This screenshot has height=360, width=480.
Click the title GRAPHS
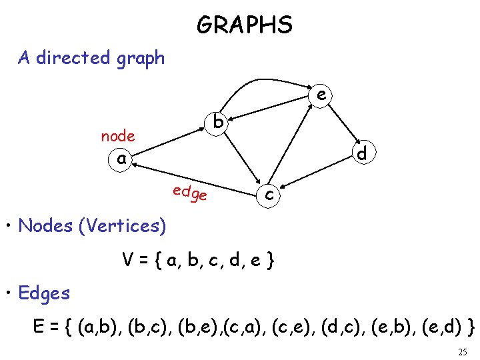[x=245, y=25]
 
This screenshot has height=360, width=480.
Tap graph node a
[x=121, y=159]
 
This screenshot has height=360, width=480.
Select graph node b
[x=218, y=123]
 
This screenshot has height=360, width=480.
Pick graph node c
[x=269, y=194]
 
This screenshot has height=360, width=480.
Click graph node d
[x=362, y=153]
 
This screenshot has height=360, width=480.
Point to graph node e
[x=321, y=96]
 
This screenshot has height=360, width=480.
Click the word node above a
[x=118, y=136]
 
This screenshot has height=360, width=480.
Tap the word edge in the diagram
[x=190, y=193]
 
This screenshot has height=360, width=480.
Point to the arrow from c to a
[x=193, y=175]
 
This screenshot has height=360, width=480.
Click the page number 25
[x=463, y=352]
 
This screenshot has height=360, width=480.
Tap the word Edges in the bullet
[x=44, y=293]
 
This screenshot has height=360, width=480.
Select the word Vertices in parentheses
[x=122, y=226]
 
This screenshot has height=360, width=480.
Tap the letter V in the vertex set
[x=127, y=258]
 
